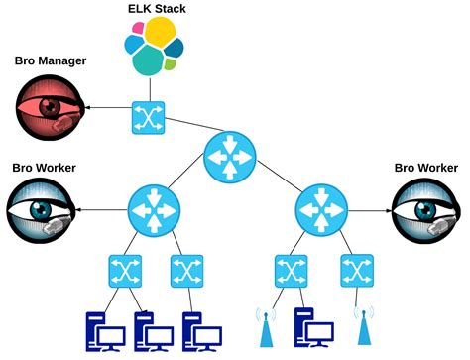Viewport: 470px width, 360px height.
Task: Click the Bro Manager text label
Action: [50, 61]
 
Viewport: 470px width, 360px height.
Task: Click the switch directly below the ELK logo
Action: [148, 117]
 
